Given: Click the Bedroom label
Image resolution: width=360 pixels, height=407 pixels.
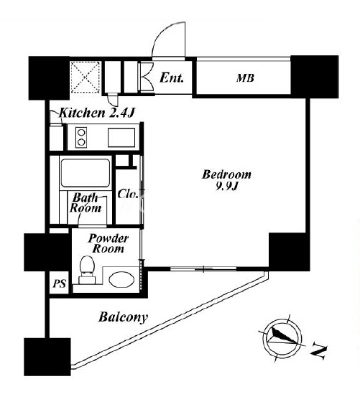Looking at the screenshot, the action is [226, 174].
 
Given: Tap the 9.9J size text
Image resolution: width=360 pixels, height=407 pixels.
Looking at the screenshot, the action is [226, 186].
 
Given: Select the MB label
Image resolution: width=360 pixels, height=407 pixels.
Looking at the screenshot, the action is [245, 78].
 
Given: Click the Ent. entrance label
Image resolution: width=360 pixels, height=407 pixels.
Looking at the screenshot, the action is [172, 78].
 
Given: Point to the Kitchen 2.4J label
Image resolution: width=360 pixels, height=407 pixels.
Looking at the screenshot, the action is [97, 113].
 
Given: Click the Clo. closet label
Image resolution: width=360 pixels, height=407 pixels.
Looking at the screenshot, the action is [127, 194].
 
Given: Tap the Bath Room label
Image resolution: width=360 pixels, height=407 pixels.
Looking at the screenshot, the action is [86, 203].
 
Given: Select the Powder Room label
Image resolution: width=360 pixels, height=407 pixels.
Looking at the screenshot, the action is [108, 243].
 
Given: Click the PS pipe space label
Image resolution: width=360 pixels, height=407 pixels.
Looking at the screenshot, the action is [59, 284].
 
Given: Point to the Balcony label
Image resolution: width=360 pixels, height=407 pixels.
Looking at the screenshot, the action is [123, 317].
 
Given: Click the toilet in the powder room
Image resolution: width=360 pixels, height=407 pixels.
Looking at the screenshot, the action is [87, 269].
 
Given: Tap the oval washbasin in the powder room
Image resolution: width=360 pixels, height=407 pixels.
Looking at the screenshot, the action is [121, 279].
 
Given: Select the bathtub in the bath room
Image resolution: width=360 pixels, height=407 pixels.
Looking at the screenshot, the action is [86, 173].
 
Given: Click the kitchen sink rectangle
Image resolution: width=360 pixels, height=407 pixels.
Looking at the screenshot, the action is [121, 138].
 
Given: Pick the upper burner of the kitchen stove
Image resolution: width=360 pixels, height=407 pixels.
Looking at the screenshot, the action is [81, 133].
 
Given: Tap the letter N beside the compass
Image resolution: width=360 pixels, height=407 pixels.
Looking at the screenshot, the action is [319, 351].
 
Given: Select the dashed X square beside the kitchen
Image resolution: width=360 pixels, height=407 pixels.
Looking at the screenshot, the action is [86, 77].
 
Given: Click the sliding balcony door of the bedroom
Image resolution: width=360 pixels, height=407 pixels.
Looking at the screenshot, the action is [203, 268].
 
